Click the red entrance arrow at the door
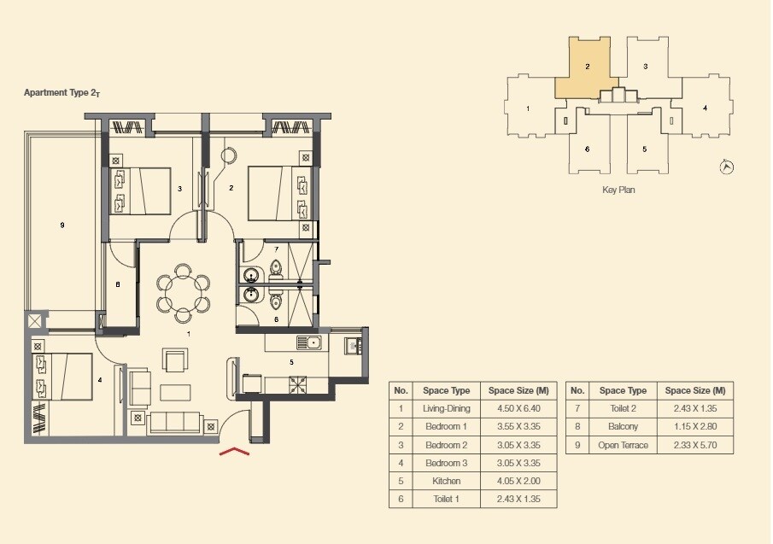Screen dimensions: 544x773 pyautogui.click(x=234, y=452)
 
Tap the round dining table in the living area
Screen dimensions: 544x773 pyautogui.click(x=182, y=292)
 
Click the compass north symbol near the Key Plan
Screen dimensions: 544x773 pyautogui.click(x=727, y=167)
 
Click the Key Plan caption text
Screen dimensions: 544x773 pyautogui.click(x=618, y=190)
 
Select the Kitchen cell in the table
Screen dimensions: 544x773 pyautogui.click(x=447, y=481)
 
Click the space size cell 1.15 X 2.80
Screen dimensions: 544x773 pyautogui.click(x=695, y=426)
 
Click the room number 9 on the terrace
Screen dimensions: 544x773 pyautogui.click(x=62, y=225)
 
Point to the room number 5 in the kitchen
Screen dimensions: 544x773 pyautogui.click(x=291, y=362)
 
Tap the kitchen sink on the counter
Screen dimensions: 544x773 pyautogui.click(x=307, y=343)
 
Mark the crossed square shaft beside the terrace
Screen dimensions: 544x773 pyautogui.click(x=34, y=322)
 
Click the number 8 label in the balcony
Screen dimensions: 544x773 pyautogui.click(x=117, y=284)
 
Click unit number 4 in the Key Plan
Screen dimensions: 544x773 pyautogui.click(x=705, y=108)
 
